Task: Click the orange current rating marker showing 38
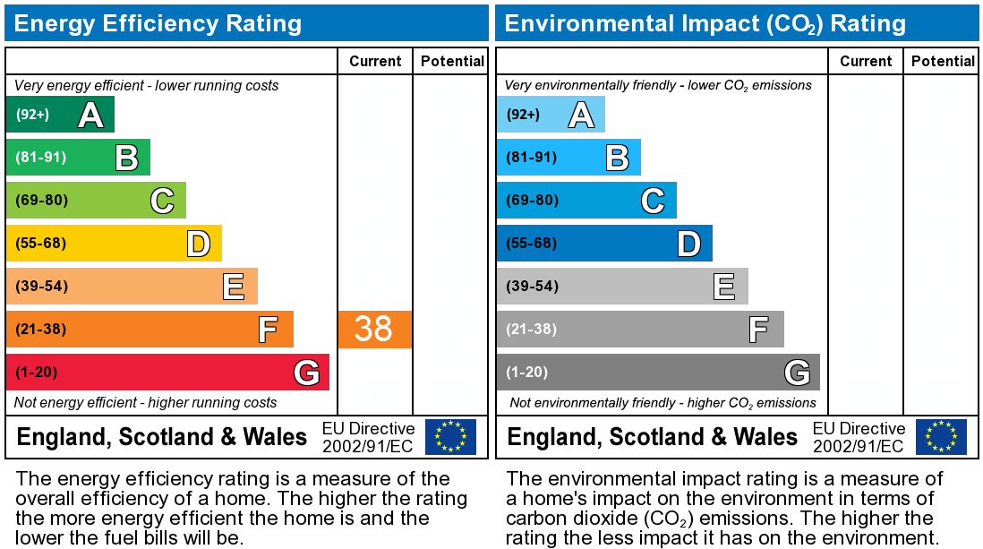[374, 329]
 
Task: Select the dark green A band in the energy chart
[60, 115]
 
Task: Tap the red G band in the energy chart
[167, 372]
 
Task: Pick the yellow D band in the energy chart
[114, 243]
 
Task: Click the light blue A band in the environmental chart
[551, 115]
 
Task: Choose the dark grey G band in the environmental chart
[658, 372]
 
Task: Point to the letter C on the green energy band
[161, 201]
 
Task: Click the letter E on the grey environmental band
[723, 287]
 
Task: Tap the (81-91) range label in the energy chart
[41, 158]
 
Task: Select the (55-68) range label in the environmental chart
[532, 243]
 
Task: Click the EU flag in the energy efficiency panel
[450, 436]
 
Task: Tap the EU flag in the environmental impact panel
[941, 436]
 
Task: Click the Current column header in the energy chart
[375, 61]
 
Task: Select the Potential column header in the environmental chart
[943, 61]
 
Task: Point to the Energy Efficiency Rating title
[158, 23]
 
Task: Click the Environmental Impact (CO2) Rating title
[705, 23]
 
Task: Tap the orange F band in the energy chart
[150, 329]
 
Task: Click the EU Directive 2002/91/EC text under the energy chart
[368, 437]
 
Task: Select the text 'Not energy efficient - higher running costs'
[146, 402]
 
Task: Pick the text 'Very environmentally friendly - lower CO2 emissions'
[658, 86]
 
